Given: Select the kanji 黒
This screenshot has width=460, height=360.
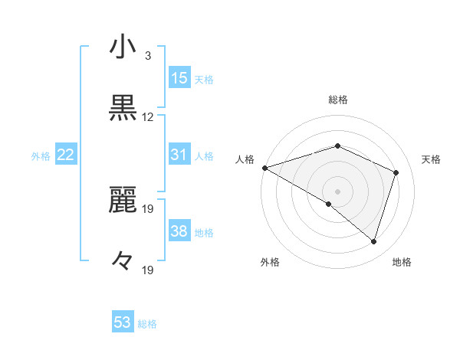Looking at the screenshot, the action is click(x=123, y=110).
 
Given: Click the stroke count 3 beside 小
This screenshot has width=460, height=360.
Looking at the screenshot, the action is click(x=148, y=55).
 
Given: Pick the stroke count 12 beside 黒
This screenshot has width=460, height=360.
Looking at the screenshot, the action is click(x=148, y=117).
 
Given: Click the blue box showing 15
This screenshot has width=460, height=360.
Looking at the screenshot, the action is click(x=179, y=78).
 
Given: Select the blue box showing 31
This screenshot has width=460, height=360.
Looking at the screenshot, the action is click(x=179, y=155).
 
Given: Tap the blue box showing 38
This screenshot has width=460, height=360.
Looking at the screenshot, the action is click(x=179, y=231).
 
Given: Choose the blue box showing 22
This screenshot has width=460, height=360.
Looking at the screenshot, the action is click(x=66, y=155).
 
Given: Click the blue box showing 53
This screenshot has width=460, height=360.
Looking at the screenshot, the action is click(x=123, y=322).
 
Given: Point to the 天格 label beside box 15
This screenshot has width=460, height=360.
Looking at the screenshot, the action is click(x=204, y=80).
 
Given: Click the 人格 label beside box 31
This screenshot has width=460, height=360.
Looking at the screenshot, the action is click(x=204, y=156).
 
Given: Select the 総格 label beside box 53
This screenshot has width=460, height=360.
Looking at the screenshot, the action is click(x=147, y=324).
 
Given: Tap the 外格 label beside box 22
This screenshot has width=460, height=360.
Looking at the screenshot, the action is click(x=41, y=156).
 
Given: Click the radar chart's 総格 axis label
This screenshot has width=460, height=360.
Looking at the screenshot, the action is click(x=338, y=100).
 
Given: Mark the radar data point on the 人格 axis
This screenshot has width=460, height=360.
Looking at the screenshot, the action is click(x=264, y=167).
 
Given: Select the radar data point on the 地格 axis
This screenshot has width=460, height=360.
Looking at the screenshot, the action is click(x=374, y=241).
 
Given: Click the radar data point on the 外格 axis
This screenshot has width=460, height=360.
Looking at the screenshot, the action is click(x=329, y=204).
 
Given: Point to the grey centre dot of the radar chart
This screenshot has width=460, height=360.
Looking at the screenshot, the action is click(x=338, y=191).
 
